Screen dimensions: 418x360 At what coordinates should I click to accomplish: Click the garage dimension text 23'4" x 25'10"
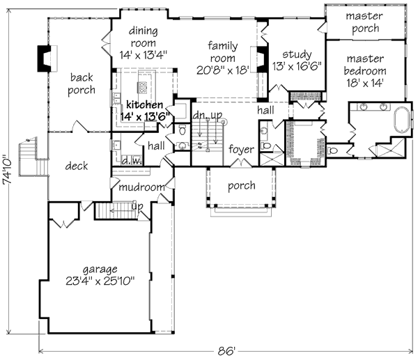[100, 281]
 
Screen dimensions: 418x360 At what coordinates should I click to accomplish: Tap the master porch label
[364, 22]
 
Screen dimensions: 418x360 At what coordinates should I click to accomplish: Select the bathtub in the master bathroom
[402, 120]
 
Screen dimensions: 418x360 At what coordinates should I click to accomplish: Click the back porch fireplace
[47, 58]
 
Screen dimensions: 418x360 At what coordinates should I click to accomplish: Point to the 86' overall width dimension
[226, 351]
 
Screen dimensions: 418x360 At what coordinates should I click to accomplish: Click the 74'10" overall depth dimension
[7, 170]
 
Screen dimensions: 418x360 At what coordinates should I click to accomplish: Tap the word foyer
[241, 150]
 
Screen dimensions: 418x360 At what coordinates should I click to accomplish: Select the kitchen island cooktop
[142, 88]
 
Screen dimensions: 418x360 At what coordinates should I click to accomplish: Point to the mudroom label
[141, 187]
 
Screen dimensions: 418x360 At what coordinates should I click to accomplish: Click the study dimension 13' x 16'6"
[297, 66]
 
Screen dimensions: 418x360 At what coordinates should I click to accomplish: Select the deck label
[77, 166]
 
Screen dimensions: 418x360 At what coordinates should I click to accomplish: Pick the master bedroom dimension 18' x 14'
[365, 83]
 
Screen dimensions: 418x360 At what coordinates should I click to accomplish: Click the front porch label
[242, 186]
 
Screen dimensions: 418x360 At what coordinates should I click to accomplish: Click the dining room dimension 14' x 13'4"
[143, 55]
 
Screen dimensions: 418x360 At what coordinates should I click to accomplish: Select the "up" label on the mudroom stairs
[137, 207]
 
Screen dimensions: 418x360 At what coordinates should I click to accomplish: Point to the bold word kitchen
[144, 104]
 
